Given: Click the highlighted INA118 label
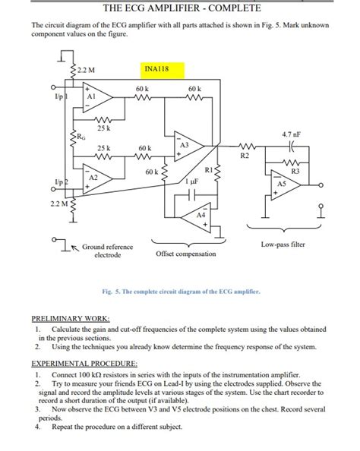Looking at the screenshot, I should (x=156, y=70).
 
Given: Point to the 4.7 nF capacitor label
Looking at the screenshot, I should (x=292, y=134).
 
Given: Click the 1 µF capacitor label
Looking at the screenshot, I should (x=192, y=182).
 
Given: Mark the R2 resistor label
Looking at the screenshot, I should (x=245, y=156).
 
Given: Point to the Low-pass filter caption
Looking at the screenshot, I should (x=283, y=244).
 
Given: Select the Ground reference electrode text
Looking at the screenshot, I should (x=107, y=251).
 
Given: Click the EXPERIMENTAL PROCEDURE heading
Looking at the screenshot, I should (x=84, y=364).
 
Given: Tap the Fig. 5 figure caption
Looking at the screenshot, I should (x=181, y=291).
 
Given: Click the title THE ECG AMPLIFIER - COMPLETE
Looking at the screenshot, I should (x=181, y=8).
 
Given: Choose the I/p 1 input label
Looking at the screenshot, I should (x=60, y=98).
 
